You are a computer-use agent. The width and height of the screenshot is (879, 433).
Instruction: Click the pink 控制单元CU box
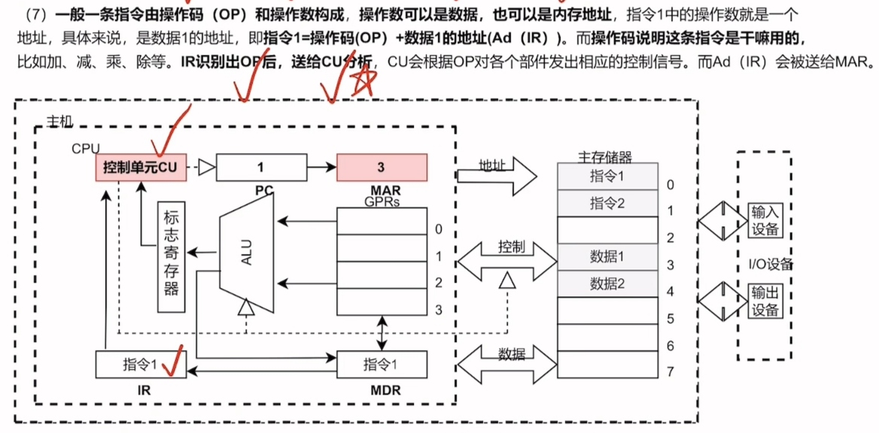141,168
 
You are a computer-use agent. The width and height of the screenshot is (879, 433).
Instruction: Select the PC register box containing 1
261,167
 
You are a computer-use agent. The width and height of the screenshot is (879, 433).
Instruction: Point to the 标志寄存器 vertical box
171,257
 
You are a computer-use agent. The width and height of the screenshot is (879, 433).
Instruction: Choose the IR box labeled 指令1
141,365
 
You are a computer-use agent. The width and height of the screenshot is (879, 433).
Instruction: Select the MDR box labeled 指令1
382,365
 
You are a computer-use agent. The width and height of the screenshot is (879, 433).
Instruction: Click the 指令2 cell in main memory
607,202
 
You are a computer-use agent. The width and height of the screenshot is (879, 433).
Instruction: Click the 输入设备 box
765,222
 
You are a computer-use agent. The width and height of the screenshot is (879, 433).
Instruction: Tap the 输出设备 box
765,301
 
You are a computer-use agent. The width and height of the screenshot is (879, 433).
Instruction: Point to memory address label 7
670,371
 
